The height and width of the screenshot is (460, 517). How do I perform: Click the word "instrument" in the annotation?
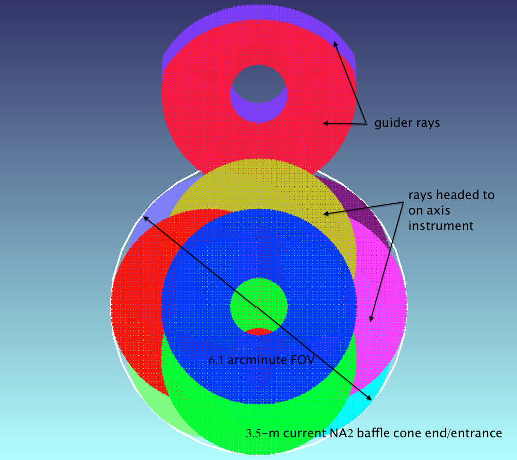[x=441, y=226]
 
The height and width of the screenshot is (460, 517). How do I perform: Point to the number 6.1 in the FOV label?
[x=216, y=360]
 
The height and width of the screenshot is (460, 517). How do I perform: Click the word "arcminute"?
[x=257, y=360]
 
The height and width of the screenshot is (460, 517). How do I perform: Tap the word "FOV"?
[x=302, y=359]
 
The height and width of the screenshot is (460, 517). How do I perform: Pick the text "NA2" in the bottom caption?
[x=341, y=433]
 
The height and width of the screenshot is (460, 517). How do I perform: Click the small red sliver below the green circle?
[x=259, y=332]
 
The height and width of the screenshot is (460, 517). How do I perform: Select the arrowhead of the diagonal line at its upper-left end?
[x=145, y=218]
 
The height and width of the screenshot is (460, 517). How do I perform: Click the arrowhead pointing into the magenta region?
[x=371, y=318]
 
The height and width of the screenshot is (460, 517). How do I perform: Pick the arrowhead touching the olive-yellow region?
[x=326, y=213]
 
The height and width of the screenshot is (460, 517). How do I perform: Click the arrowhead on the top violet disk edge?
[x=336, y=44]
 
